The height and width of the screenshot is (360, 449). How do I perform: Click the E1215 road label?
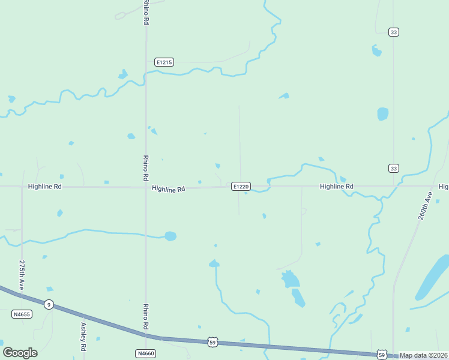pyautogui.click(x=164, y=62)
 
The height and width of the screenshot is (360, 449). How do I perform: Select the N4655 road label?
pyautogui.click(x=21, y=314)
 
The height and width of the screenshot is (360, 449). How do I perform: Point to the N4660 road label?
pyautogui.click(x=146, y=353)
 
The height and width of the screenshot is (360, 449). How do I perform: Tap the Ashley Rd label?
pyautogui.click(x=83, y=337)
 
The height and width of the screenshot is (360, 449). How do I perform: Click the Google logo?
pyautogui.click(x=20, y=353)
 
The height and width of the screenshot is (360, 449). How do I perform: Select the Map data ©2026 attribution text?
pyautogui.click(x=424, y=355)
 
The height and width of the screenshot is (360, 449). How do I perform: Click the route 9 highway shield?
pyautogui.click(x=49, y=304)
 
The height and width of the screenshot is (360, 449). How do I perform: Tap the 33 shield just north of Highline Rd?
pyautogui.click(x=393, y=168)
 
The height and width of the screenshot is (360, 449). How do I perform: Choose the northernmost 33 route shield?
pyautogui.click(x=393, y=32)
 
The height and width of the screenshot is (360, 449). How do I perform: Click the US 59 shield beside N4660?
pyautogui.click(x=212, y=342)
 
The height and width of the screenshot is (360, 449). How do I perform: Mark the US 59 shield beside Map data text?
pyautogui.click(x=382, y=355)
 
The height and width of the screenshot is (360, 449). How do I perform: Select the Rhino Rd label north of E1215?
pyautogui.click(x=146, y=12)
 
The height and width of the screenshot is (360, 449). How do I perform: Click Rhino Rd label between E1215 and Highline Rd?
pyautogui.click(x=146, y=168)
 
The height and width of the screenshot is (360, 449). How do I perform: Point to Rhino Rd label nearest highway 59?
pyautogui.click(x=146, y=317)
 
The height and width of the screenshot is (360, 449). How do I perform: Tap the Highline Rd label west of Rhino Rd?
pyautogui.click(x=45, y=187)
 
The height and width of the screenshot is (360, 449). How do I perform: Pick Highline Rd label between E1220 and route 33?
pyautogui.click(x=336, y=187)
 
